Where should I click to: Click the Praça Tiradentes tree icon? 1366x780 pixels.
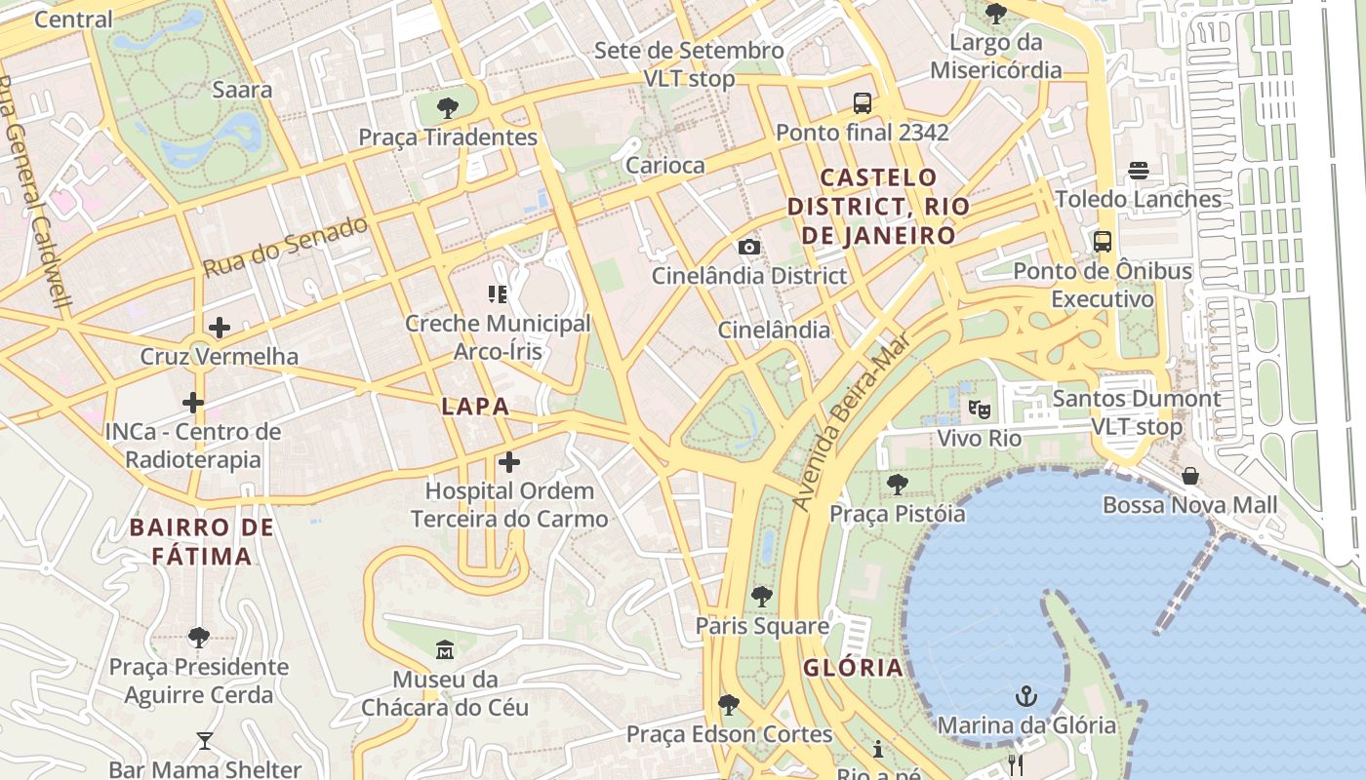[448, 107]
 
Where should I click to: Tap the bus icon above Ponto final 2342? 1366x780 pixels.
[863, 102]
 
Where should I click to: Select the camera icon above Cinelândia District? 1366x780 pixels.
[749, 247]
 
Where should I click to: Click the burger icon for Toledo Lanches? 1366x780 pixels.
[1138, 171]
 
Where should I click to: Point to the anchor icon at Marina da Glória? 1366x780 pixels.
[1025, 696]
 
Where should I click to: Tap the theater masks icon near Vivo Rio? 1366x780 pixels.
[979, 409]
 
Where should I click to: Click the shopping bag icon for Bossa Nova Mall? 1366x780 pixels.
[1189, 476]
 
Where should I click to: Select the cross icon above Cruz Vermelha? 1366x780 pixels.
[220, 328]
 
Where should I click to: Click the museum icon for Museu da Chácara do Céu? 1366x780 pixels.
[445, 649]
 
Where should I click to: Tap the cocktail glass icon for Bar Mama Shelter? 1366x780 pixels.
[204, 741]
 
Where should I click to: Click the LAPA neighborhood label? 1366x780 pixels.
[475, 407]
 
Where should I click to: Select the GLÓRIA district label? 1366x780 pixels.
[853, 668]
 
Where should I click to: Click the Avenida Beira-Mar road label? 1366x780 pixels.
[850, 421]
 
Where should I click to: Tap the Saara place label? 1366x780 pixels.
[242, 90]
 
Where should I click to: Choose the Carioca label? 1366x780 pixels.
[664, 165]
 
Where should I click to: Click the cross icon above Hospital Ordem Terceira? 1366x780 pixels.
[508, 461]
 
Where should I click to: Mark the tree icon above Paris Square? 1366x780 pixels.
[762, 596]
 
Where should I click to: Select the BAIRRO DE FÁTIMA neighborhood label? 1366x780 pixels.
[202, 542]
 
